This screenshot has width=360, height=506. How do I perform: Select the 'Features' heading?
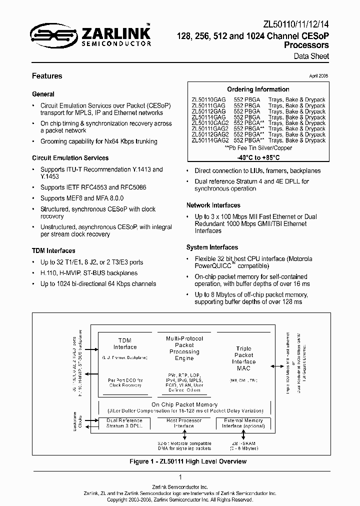47,76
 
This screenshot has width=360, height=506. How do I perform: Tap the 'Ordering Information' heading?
258,89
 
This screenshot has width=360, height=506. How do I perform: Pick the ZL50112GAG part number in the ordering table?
208,111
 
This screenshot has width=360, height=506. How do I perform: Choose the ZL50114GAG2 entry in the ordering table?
210,140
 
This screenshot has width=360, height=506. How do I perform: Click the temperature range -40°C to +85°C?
258,157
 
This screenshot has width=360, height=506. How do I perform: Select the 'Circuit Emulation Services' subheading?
70,158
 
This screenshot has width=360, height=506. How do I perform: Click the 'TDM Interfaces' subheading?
53,251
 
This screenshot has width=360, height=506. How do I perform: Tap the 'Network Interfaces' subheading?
213,205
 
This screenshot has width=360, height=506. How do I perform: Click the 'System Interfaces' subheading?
212,247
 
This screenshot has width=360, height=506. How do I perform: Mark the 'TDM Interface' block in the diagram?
125,343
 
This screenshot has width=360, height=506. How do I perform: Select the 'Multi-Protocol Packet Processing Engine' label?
184,348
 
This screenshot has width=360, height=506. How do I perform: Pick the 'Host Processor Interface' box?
184,423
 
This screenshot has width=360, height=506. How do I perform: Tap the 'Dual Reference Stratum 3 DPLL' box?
124,423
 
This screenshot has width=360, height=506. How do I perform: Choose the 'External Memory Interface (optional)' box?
243,423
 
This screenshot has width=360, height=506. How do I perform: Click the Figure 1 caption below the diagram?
180,461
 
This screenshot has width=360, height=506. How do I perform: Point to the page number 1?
180,477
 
